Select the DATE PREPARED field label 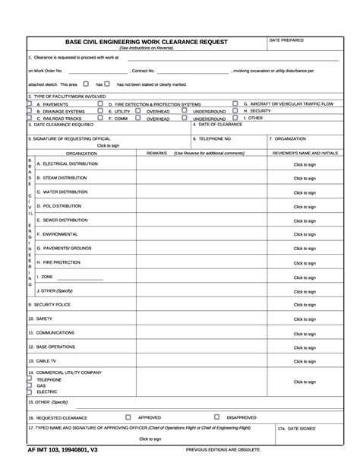click(286, 40)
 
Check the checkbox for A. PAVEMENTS click(30, 103)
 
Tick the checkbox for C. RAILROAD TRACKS click(30, 118)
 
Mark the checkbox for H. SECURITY click(235, 110)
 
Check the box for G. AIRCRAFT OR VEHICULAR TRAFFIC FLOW click(235, 103)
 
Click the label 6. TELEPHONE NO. click(212, 139)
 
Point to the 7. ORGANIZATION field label click(290, 139)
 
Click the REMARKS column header click(156, 153)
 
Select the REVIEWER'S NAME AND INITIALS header click(305, 153)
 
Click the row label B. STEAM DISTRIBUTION click(62, 178)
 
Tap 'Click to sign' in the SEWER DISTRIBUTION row click(305, 220)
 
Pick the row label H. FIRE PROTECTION click(58, 262)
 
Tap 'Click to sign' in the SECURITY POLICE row click(305, 305)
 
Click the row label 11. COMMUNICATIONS click(52, 332)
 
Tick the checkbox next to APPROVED click(128, 417)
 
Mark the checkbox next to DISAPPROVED click(216, 417)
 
